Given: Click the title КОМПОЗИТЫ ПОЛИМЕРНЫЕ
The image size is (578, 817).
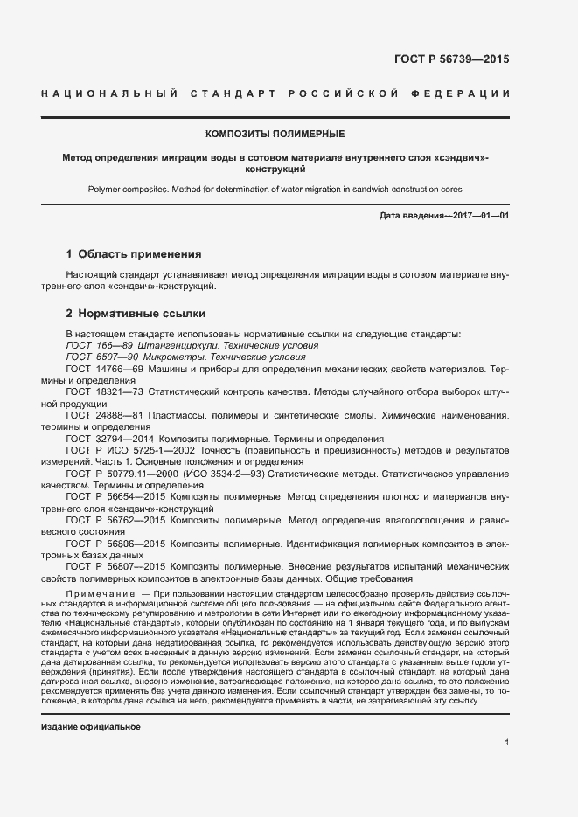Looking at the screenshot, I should (275, 134).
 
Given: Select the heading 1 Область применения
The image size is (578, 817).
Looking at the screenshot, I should (134, 254).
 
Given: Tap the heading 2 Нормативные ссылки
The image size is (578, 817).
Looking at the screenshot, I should (136, 313).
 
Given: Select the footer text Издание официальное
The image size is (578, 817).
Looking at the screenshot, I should (91, 703).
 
